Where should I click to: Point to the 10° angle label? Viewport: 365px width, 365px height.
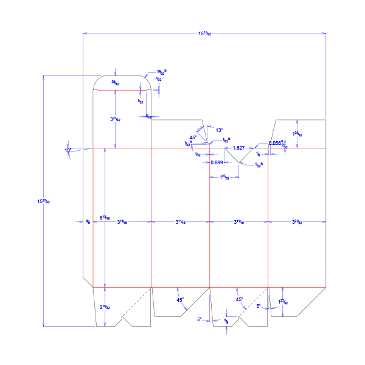(x=68, y=150)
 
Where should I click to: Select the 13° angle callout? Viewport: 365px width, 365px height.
(x=219, y=130)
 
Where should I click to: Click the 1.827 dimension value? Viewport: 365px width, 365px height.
(x=239, y=148)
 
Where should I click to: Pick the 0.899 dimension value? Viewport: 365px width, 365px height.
(x=217, y=162)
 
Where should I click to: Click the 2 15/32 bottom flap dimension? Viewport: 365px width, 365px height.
(x=105, y=307)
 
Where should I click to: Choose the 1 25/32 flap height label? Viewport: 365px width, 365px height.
(x=297, y=134)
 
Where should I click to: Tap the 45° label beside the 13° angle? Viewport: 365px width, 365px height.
(x=193, y=137)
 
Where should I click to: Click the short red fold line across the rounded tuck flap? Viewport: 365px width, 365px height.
(x=122, y=90)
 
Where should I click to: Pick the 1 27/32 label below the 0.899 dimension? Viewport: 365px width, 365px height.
(x=224, y=177)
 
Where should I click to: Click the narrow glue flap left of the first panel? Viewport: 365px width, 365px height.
(x=88, y=216)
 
